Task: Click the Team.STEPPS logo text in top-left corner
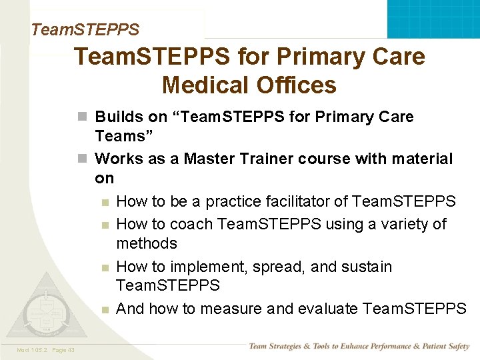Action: (85, 29)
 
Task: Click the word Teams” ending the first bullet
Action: (121, 136)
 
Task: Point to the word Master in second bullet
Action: (211, 159)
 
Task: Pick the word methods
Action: (147, 243)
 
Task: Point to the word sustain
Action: (367, 267)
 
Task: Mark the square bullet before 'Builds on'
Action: (82, 117)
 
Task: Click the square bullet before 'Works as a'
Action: (82, 159)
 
